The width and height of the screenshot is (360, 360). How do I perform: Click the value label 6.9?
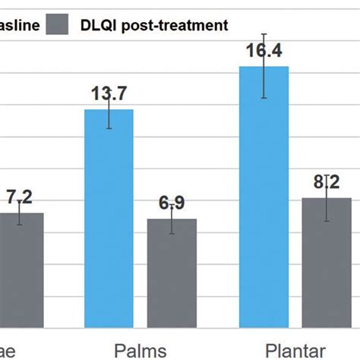pyautogui.click(x=172, y=203)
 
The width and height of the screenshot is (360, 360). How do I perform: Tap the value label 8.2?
pyautogui.click(x=327, y=182)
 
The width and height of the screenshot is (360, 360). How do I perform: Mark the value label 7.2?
pyautogui.click(x=21, y=197)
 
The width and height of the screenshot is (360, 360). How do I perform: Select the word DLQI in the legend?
pyautogui.click(x=97, y=25)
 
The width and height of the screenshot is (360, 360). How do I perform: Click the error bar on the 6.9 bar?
pyautogui.click(x=172, y=219)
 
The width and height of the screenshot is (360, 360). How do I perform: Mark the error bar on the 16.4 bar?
pyautogui.click(x=264, y=67)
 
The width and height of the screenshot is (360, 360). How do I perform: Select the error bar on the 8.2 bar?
pyautogui.click(x=327, y=198)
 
